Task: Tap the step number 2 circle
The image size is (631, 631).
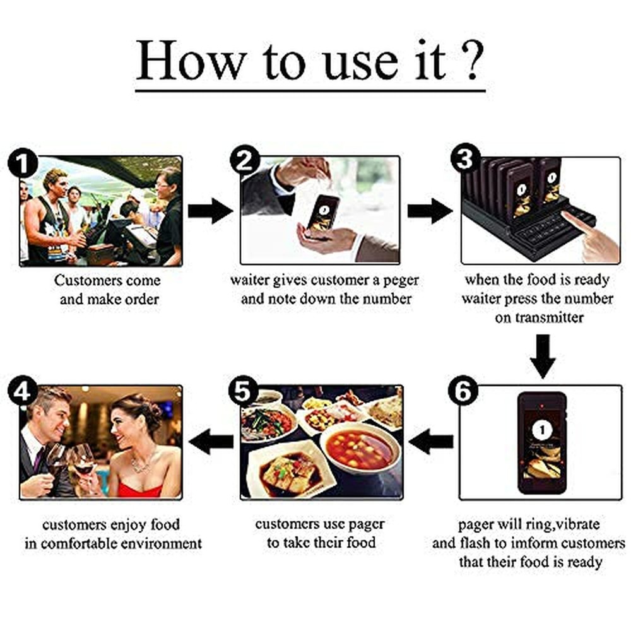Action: pyautogui.click(x=243, y=163)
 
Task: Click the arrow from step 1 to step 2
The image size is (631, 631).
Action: pyautogui.click(x=211, y=211)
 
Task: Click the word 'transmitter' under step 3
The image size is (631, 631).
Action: pyautogui.click(x=539, y=318)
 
